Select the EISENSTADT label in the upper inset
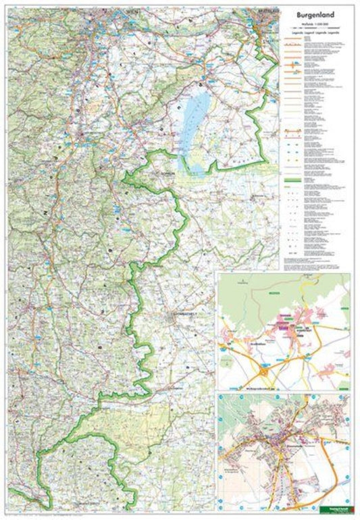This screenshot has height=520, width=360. click(x=305, y=331)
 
